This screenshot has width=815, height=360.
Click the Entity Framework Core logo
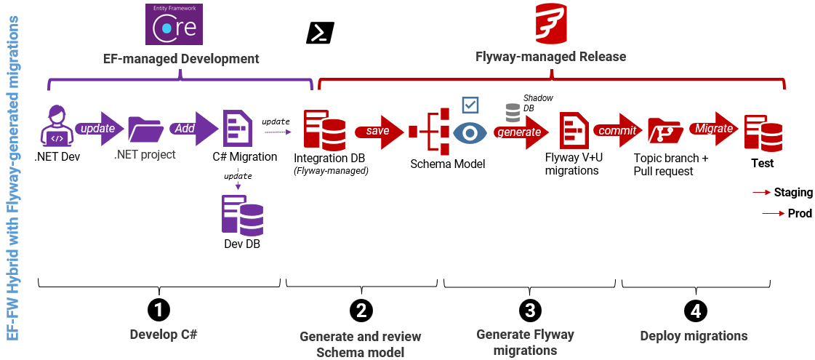click(x=173, y=25)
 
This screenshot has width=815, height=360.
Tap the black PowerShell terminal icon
click(x=321, y=33)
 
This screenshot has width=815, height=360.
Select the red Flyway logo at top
click(x=550, y=23)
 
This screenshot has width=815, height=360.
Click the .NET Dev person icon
click(x=57, y=125)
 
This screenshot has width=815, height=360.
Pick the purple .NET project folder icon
click(x=145, y=129)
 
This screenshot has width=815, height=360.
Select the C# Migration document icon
click(x=237, y=129)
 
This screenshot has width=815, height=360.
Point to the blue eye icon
click(x=470, y=132)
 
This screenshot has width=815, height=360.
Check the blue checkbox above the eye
click(x=470, y=105)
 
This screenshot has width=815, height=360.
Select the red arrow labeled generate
click(x=521, y=132)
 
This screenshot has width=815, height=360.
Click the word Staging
click(x=793, y=192)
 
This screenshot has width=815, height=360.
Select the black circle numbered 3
click(x=529, y=310)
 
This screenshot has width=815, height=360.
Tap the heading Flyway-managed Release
click(x=550, y=57)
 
